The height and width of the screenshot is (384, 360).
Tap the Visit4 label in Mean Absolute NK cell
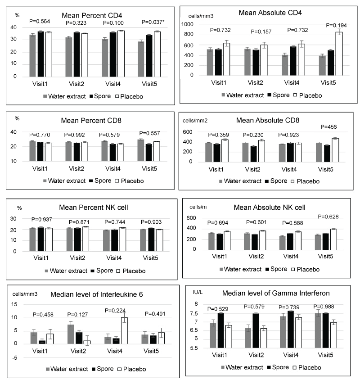pos(293,260)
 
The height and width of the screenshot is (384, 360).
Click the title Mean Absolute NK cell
pos(270,208)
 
